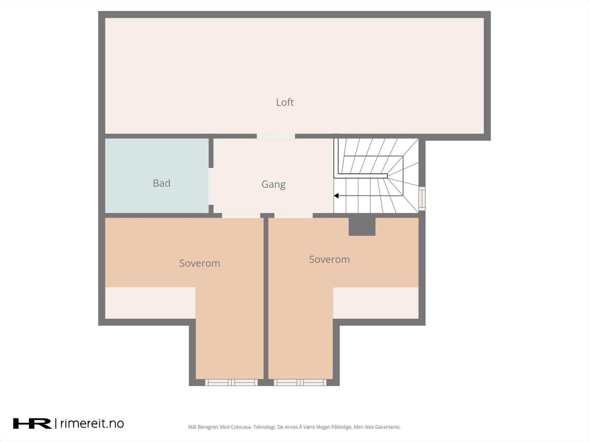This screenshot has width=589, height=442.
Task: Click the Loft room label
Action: (285, 102)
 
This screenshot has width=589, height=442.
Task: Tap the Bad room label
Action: (161, 183)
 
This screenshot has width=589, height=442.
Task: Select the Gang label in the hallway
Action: (273, 184)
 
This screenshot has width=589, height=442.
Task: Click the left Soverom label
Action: (200, 263)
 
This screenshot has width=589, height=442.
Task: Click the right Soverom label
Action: (329, 259)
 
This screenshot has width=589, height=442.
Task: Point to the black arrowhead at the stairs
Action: (336, 196)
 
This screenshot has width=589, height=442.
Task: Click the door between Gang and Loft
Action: (276, 136)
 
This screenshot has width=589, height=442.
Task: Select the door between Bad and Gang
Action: (211, 186)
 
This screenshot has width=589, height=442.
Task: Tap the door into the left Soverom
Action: (241, 215)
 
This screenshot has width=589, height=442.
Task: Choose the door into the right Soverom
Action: (293, 215)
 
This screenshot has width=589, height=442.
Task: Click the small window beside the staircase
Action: (422, 199)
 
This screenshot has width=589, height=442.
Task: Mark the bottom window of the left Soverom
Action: (231, 382)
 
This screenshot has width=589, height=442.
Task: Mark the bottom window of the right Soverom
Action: (300, 382)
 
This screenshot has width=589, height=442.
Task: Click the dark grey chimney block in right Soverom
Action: (362, 227)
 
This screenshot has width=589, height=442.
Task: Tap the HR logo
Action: (32, 424)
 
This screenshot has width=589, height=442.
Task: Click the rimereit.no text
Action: (92, 424)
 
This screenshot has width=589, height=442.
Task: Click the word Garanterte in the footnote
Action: (387, 427)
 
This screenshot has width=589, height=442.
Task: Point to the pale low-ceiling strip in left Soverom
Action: (150, 303)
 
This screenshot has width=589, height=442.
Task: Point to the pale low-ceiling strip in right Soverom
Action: (375, 303)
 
